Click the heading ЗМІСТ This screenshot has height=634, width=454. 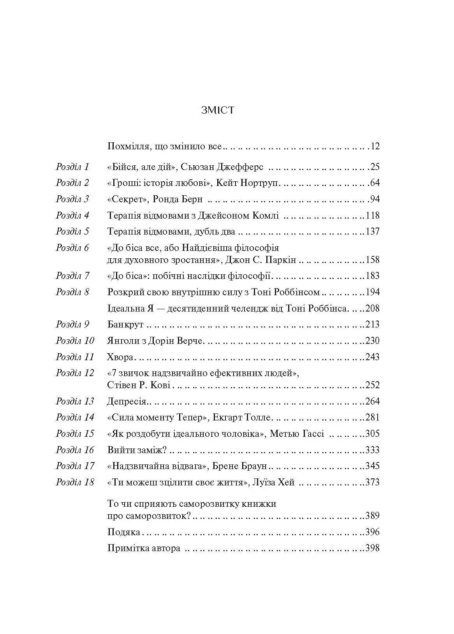(218, 110)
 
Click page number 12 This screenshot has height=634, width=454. (375, 147)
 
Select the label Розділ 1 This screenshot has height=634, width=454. (72, 167)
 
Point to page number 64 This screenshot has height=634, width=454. (375, 183)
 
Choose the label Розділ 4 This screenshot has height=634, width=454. (72, 215)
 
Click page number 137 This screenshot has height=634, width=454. (373, 231)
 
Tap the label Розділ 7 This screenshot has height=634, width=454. (72, 276)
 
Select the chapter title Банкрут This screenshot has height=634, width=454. (125, 324)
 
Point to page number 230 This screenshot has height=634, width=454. (373, 341)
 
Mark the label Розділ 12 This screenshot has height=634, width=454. (75, 373)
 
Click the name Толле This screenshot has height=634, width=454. (257, 417)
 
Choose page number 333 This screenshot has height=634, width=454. (373, 450)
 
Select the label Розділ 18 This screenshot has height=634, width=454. (75, 482)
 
